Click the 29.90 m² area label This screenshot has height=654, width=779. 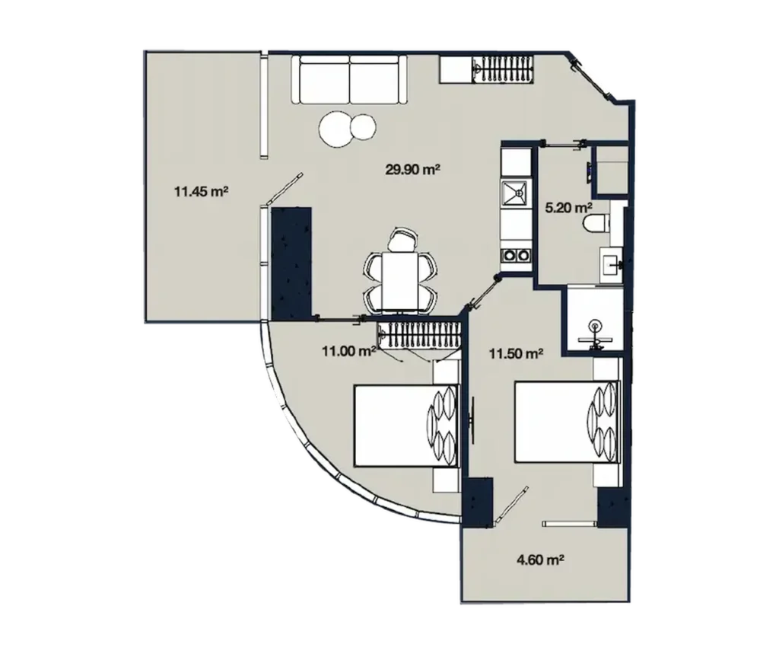(413, 170)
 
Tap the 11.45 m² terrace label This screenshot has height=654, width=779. (202, 192)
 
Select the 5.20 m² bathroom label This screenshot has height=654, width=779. (569, 207)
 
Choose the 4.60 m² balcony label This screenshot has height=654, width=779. (539, 561)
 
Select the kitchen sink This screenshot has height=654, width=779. (514, 193)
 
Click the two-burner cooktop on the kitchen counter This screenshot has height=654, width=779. (515, 256)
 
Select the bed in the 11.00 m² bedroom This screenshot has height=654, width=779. (405, 426)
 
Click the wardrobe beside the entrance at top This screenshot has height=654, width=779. (487, 69)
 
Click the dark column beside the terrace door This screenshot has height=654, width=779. (293, 262)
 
